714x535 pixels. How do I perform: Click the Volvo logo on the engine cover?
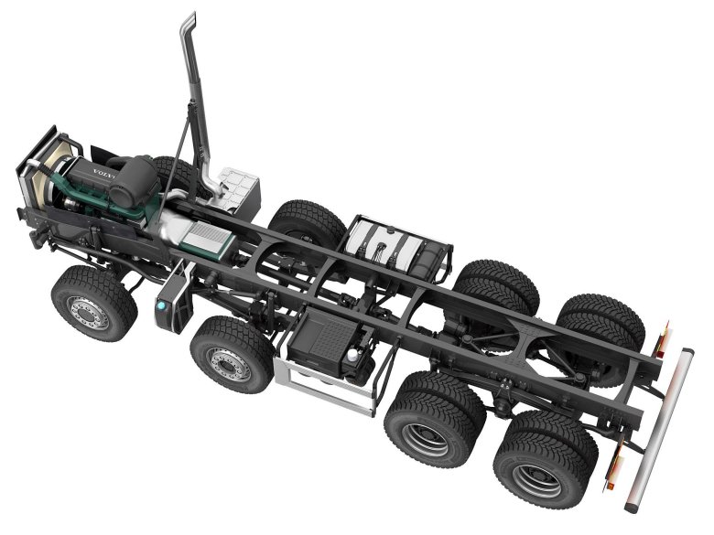(x=104, y=175)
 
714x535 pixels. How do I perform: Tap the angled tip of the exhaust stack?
(x=189, y=20)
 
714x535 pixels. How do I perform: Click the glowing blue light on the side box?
(x=161, y=306)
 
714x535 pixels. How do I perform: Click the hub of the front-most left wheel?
(x=89, y=312)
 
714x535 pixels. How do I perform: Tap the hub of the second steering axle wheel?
(x=226, y=363)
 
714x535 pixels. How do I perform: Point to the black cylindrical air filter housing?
(x=134, y=179)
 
